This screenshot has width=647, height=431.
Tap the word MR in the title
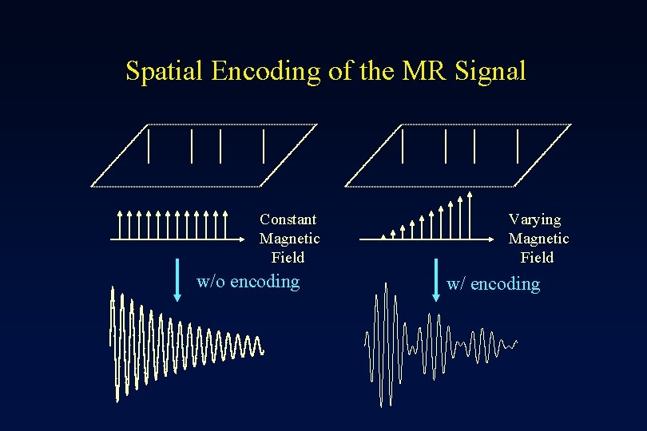click(426, 71)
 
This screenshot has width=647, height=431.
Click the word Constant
click(288, 219)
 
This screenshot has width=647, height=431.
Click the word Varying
click(535, 219)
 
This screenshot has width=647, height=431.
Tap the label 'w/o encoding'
click(248, 281)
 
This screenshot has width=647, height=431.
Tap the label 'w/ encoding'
click(494, 284)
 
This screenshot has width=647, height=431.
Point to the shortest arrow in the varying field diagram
click(383, 236)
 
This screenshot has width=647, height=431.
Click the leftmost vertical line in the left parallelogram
click(149, 145)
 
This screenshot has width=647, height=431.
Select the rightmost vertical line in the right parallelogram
click(518, 145)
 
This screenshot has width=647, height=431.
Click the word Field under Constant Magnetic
click(288, 258)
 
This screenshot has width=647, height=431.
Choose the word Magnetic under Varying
click(538, 239)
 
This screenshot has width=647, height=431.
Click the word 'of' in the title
click(339, 71)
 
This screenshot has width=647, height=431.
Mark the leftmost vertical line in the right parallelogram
click(403, 145)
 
